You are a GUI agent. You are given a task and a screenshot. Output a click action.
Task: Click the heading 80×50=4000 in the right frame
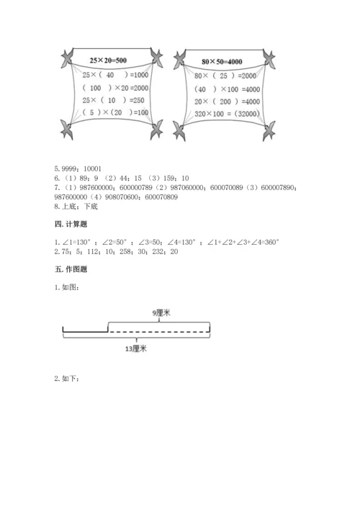tap(222, 60)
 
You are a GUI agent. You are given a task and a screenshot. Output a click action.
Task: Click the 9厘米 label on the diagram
tap(161, 313)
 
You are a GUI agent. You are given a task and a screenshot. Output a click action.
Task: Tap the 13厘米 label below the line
tap(135, 348)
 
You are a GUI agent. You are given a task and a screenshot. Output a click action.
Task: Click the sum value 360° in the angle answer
tap(267, 243)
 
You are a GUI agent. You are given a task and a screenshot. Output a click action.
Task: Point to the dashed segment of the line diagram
tap(158, 330)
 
